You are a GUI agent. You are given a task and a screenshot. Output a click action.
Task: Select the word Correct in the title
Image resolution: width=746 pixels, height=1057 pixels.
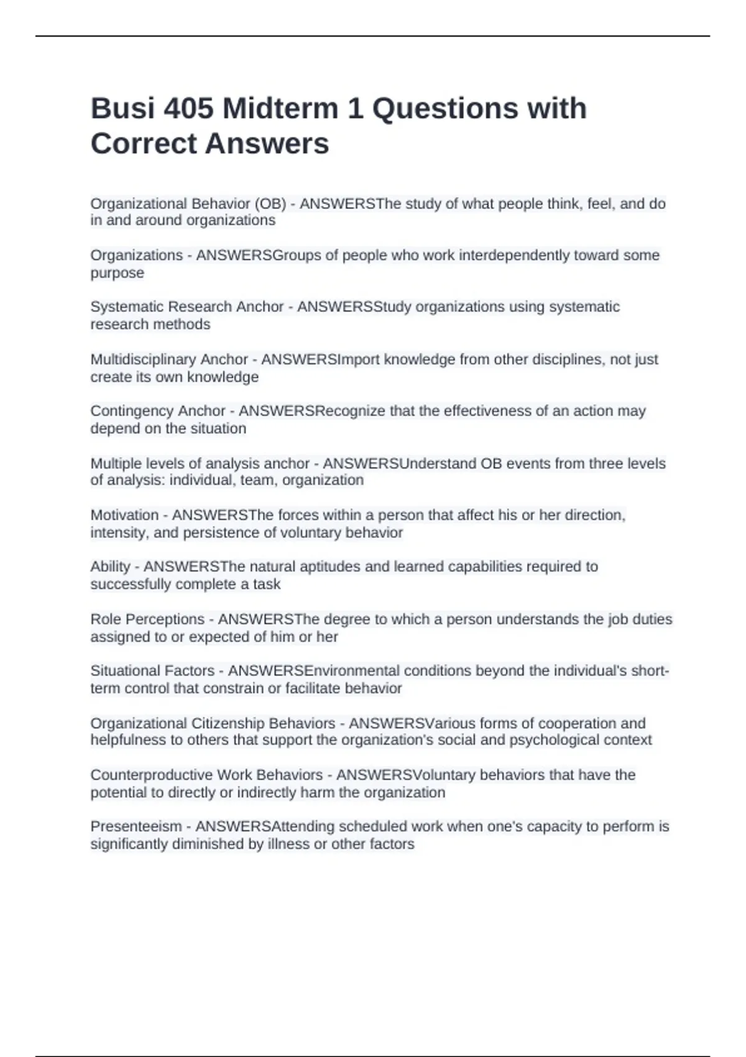(x=143, y=144)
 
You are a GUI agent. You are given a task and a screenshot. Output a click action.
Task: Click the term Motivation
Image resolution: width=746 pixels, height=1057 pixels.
(x=124, y=515)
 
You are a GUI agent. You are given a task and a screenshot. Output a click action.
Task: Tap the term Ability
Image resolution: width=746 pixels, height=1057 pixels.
(x=110, y=566)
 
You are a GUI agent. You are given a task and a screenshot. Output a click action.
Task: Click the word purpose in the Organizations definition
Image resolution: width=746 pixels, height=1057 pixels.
(x=117, y=273)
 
